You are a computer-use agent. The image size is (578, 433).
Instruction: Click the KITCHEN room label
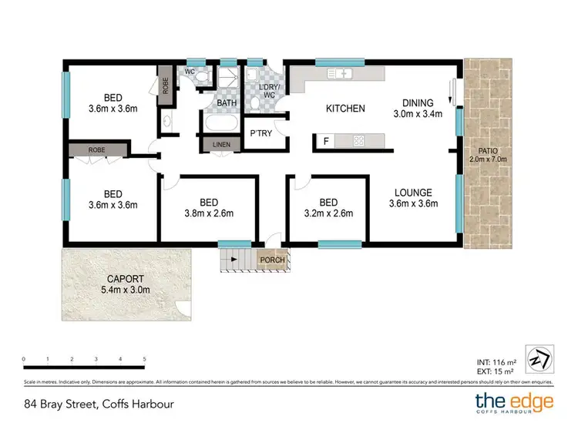pyautogui.click(x=345, y=109)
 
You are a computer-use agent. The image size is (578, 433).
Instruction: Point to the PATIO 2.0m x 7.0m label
pyautogui.click(x=485, y=156)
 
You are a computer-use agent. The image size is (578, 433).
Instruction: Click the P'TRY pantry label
pyautogui.click(x=258, y=133)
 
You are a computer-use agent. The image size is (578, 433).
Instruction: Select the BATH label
pyautogui.click(x=226, y=102)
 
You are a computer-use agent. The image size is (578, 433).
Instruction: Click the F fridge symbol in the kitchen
pyautogui.click(x=326, y=141)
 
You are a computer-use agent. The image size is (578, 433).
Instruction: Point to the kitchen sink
pyautogui.click(x=340, y=74)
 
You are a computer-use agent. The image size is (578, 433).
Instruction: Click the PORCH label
pyautogui.click(x=272, y=260)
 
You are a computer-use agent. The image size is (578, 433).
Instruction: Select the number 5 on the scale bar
pyautogui.click(x=144, y=359)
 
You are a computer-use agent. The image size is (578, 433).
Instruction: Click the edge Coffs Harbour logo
pyautogui.click(x=513, y=403)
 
